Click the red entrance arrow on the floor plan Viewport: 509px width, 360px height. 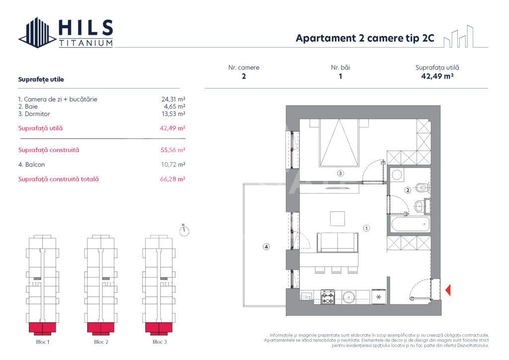(x=448, y=290)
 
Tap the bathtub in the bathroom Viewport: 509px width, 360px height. (x=409, y=224)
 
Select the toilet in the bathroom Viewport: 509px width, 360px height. (x=423, y=188)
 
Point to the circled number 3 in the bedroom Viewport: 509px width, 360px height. (x=340, y=174)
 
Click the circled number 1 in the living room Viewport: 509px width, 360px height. (x=366, y=229)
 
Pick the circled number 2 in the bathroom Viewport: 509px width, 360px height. (x=407, y=189)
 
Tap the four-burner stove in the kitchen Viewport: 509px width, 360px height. (x=328, y=297)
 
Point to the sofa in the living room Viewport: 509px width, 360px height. (x=338, y=242)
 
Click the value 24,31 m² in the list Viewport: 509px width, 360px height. (x=170, y=99)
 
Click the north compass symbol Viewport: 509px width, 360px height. (x=185, y=230)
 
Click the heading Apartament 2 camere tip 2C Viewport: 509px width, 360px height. (x=365, y=39)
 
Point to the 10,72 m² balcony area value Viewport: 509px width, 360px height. (x=170, y=164)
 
